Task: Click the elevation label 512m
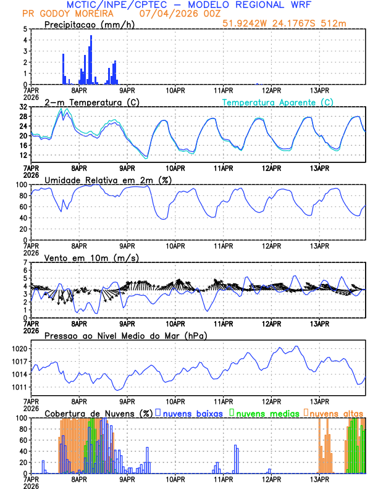pos(334,23)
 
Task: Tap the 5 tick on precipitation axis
pos(24,29)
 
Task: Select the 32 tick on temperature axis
pos(23,107)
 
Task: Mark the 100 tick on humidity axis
pos(20,185)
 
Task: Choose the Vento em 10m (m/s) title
pos(82,257)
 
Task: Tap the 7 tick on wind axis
pos(24,262)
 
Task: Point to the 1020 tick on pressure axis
pos(19,349)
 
